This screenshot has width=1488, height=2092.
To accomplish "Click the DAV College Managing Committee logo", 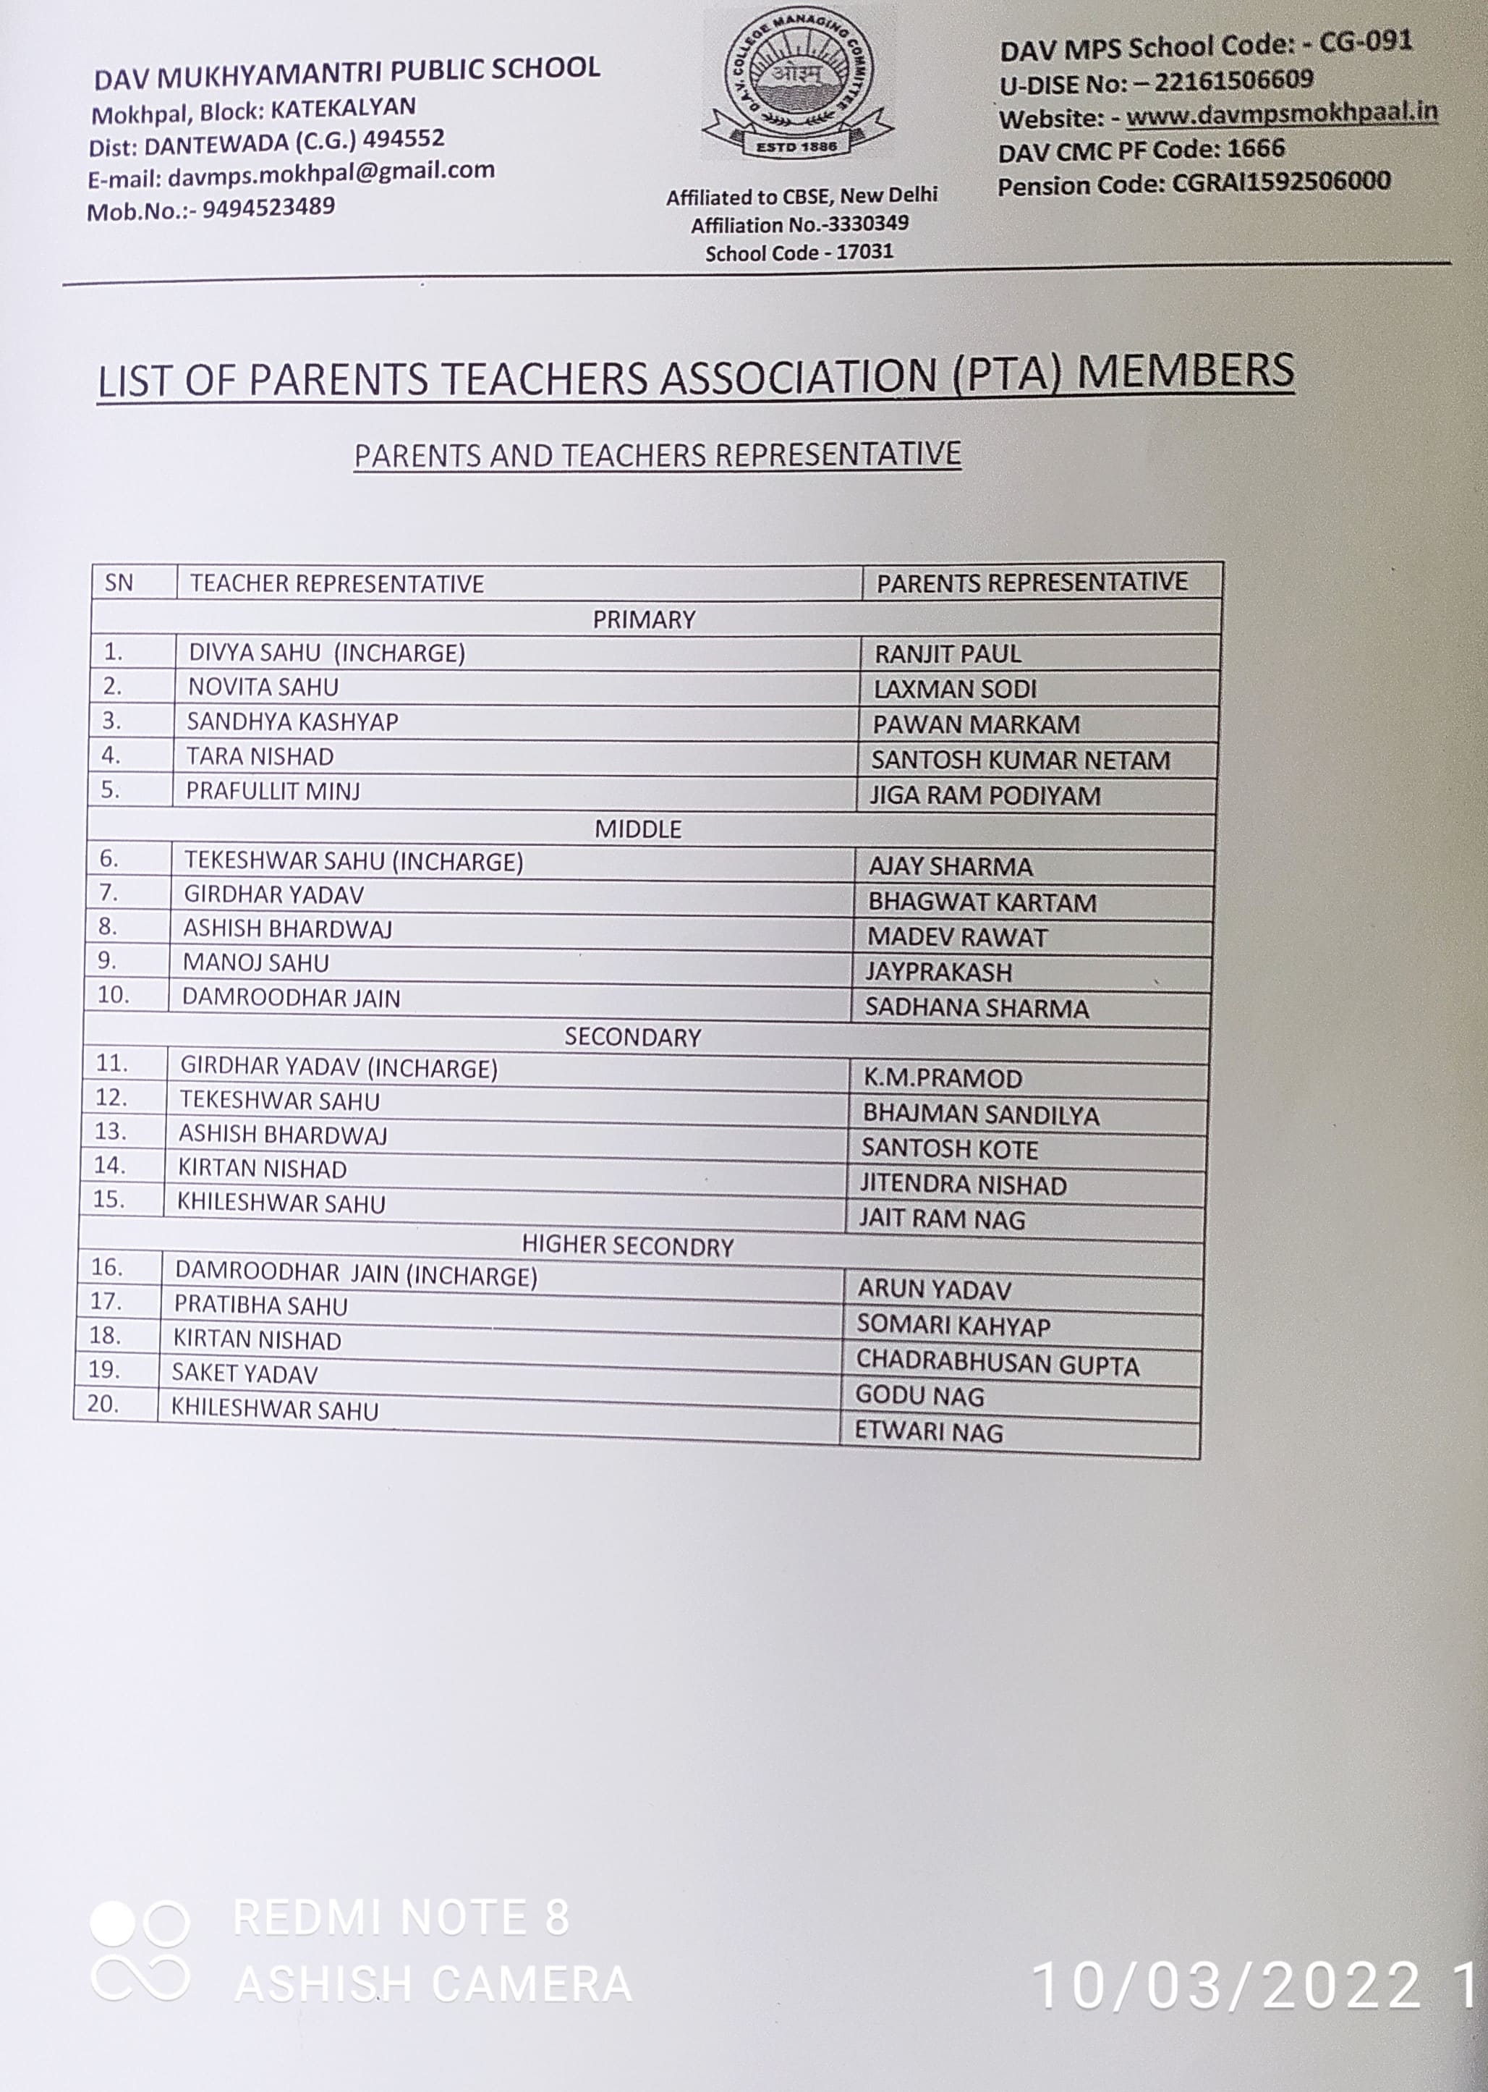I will coord(797,85).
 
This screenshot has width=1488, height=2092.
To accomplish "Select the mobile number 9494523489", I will coord(268,208).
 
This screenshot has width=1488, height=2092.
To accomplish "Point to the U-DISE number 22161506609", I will coord(1233,80).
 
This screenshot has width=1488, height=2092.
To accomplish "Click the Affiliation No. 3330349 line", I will coord(799,224).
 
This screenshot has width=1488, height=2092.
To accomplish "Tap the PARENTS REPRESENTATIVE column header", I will coord(1032,582).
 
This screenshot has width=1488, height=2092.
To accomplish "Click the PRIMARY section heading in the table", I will coord(643,619).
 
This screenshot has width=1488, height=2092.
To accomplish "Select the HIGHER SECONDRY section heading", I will coord(628,1246).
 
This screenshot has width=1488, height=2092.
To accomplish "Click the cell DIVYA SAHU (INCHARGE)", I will coord(326,653).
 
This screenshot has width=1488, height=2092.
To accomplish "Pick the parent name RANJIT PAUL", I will coord(948,654).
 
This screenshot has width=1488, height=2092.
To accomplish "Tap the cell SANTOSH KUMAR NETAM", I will coord(1020,760).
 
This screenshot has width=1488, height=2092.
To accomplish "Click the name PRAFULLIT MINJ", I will coord(273,791).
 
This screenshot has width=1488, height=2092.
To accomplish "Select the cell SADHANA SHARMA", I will coord(977,1008).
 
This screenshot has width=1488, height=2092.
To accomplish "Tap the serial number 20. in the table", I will coord(103,1404).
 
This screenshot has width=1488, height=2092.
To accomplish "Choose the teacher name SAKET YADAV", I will coord(245,1373).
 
